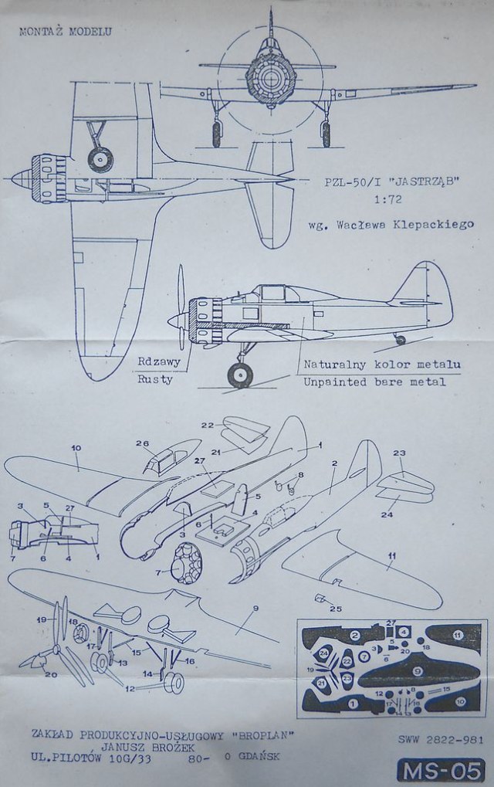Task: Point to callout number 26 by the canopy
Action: click(141, 443)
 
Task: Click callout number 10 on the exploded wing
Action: click(76, 449)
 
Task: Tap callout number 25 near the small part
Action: click(335, 609)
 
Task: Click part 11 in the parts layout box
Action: click(456, 636)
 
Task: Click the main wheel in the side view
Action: click(240, 375)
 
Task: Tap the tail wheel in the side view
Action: click(400, 339)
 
